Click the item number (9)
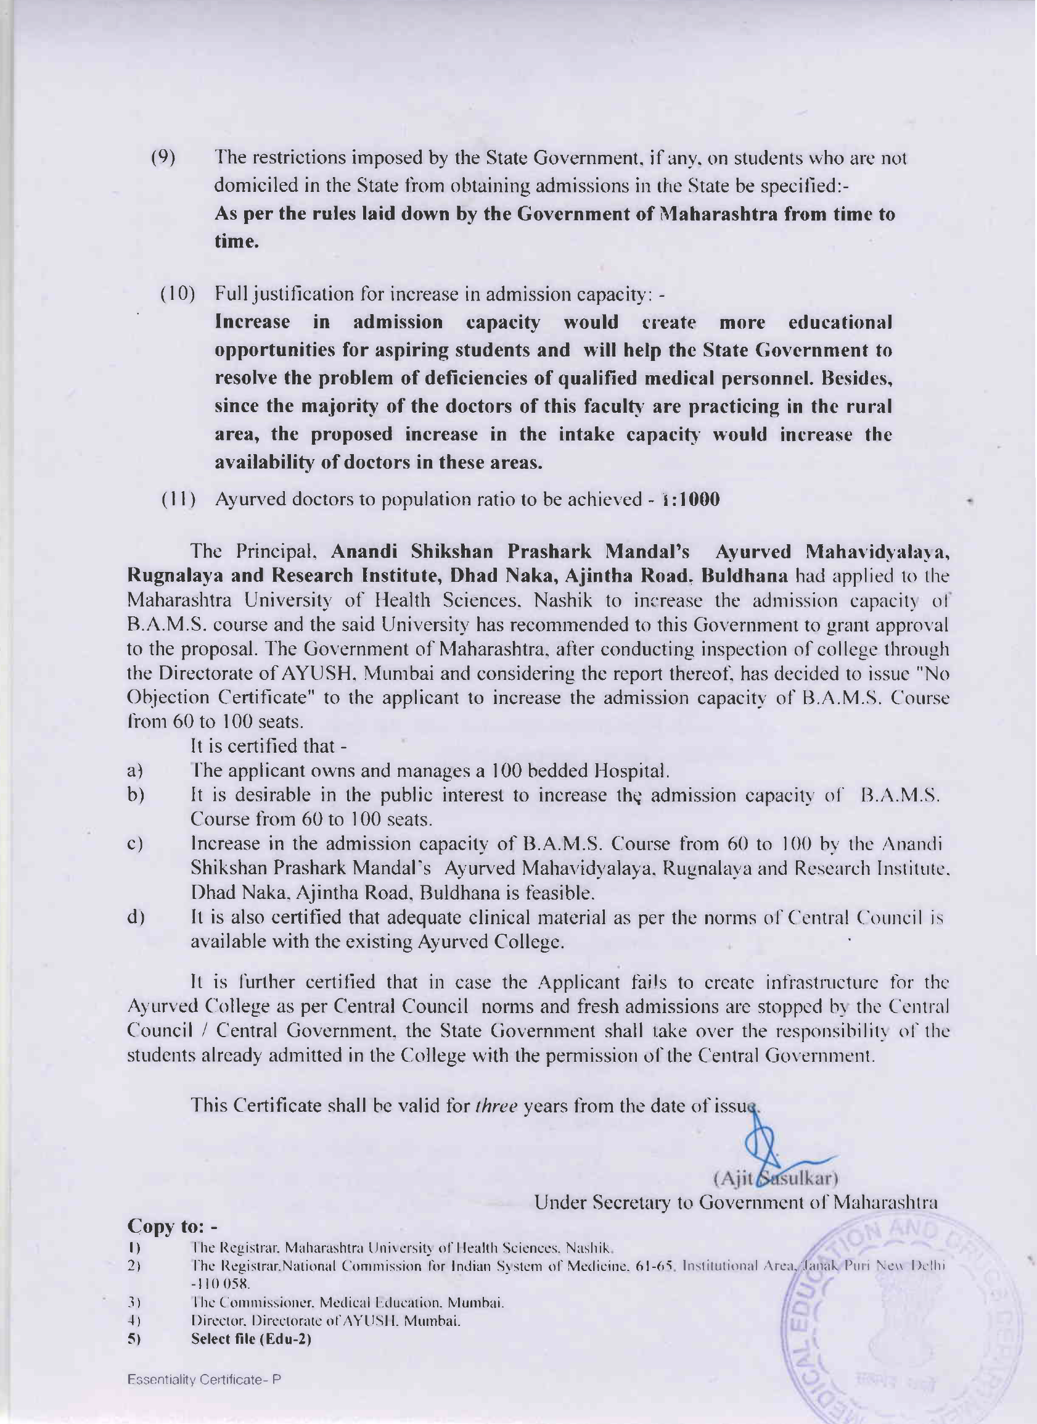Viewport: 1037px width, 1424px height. click(x=163, y=157)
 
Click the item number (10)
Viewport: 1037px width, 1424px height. click(x=178, y=294)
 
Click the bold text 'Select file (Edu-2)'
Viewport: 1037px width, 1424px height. click(x=251, y=1339)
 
